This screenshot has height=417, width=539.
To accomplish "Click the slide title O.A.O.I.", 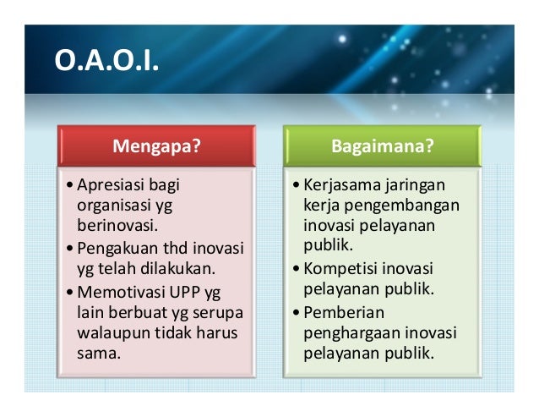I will click(x=106, y=62).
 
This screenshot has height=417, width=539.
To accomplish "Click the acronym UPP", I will click(x=186, y=293).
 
